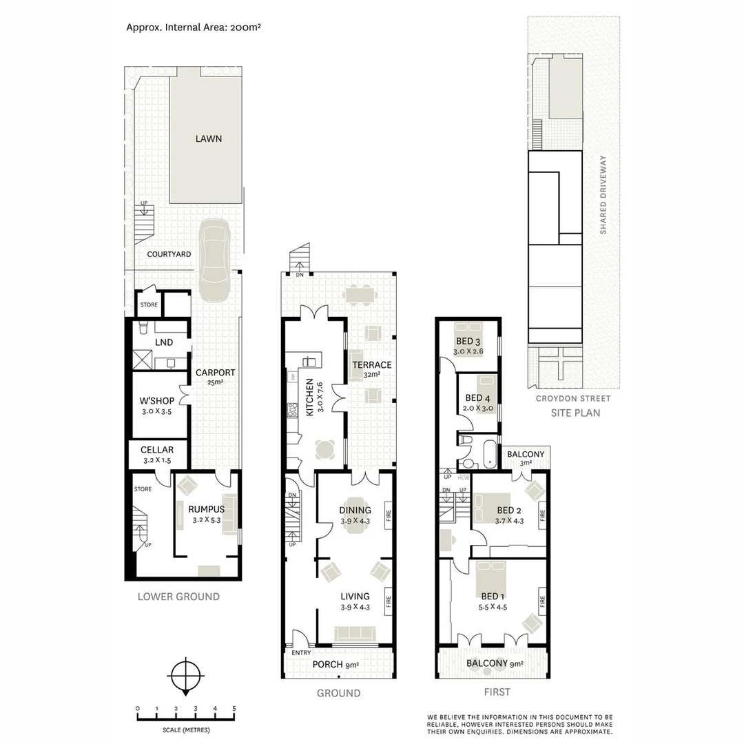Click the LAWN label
pyautogui.click(x=208, y=138)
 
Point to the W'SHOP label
pyautogui.click(x=156, y=400)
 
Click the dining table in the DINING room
pyautogui.click(x=355, y=511)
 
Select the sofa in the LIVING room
pyautogui.click(x=354, y=633)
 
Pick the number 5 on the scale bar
pyautogui.click(x=234, y=708)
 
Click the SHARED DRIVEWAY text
pyautogui.click(x=603, y=195)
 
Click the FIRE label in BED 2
pyautogui.click(x=542, y=514)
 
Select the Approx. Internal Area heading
pyautogui.click(x=193, y=28)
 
